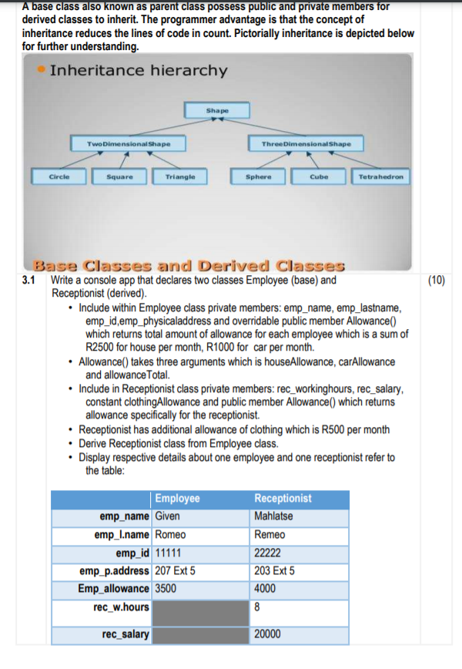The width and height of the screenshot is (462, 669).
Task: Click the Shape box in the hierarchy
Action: pyautogui.click(x=217, y=111)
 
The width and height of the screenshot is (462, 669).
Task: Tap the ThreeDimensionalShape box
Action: pyautogui.click(x=306, y=143)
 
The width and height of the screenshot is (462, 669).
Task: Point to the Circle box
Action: pyautogui.click(x=59, y=176)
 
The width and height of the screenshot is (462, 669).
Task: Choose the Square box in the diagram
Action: pyautogui.click(x=119, y=176)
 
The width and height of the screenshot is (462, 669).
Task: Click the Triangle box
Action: pyautogui.click(x=180, y=176)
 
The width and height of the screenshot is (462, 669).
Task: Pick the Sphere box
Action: pyautogui.click(x=258, y=176)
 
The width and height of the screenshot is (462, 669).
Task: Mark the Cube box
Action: pyautogui.click(x=319, y=176)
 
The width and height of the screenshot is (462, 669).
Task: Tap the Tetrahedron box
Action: pyautogui.click(x=381, y=176)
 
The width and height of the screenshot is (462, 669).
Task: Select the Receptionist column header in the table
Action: pyautogui.click(x=283, y=498)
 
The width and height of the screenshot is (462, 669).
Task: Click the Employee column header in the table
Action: pyautogui.click(x=178, y=498)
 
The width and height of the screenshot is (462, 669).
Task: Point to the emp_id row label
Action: pyautogui.click(x=133, y=553)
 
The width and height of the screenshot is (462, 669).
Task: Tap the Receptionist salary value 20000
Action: pyautogui.click(x=268, y=634)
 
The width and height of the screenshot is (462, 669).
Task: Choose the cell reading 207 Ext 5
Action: pyautogui.click(x=176, y=571)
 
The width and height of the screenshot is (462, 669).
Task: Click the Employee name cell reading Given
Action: pyautogui.click(x=167, y=516)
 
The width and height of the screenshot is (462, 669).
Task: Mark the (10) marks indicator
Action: pyautogui.click(x=435, y=281)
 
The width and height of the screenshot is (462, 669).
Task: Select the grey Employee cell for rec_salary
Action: pyautogui.click(x=200, y=634)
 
